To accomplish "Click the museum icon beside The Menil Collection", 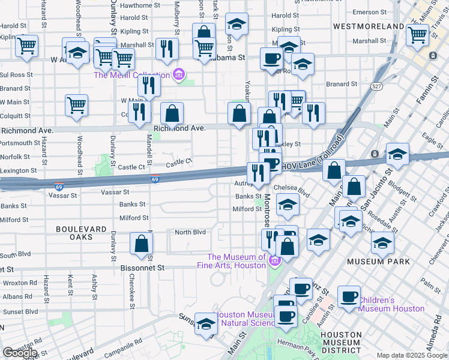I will tap(178, 75).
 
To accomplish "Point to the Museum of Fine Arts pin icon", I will tap(275, 260).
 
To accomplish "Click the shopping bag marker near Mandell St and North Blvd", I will tap(142, 244).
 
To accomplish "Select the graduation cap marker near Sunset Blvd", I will tap(205, 324).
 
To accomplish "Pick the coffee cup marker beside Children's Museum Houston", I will tap(349, 296).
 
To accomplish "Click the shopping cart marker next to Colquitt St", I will tap(76, 105).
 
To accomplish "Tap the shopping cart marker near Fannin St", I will tap(417, 34).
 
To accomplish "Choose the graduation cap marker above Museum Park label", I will tap(382, 243).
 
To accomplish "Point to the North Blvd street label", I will tap(190, 232).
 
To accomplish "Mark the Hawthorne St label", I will tap(140, 5).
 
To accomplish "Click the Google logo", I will tap(20, 353).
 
